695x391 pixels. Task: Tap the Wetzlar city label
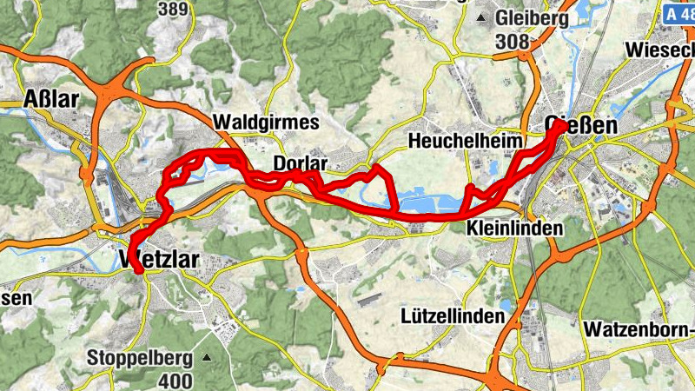coord(162,261)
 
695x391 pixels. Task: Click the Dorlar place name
coord(300,163)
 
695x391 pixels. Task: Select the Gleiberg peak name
coord(532,17)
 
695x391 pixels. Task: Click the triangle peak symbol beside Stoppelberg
coord(207,357)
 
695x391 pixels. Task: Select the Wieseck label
coord(660,50)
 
